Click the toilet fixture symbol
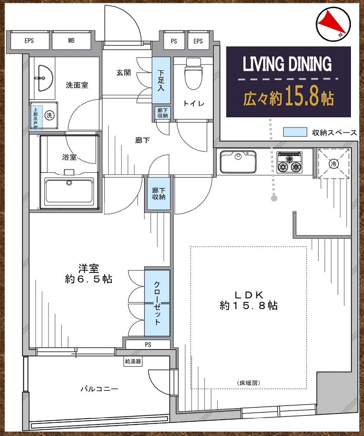point(193,74)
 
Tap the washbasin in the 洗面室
point(44,78)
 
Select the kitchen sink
point(238,162)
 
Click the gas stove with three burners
point(289,162)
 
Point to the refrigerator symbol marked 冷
point(333,163)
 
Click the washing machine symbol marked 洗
point(49,115)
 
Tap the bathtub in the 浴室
point(69,191)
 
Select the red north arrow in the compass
point(332,24)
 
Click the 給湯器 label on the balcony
point(133,361)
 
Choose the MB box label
point(71,40)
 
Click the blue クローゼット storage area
point(157,303)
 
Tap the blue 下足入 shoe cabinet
point(161,81)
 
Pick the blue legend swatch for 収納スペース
point(295,132)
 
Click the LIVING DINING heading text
point(288,64)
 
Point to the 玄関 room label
point(123,73)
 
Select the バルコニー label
point(99,389)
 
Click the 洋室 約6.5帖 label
point(88,274)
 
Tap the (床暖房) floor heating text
point(249,383)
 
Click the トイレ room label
point(194,104)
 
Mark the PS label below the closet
point(148,345)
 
